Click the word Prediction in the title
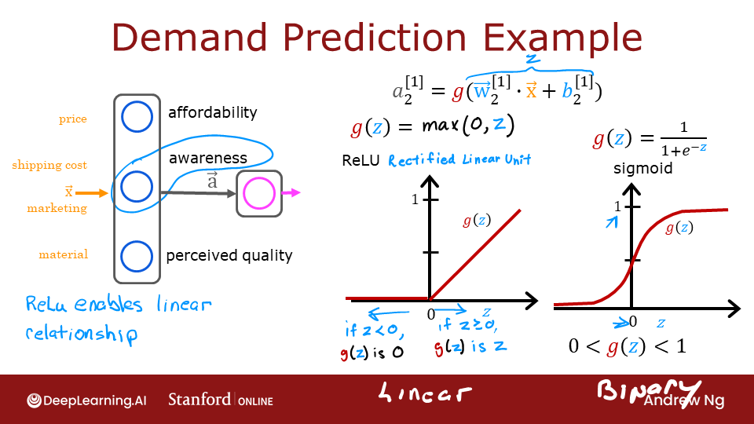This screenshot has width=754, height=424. (x=375, y=37)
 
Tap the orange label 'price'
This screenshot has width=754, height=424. (x=73, y=119)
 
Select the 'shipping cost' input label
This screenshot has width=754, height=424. (x=49, y=165)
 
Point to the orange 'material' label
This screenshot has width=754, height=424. (x=64, y=254)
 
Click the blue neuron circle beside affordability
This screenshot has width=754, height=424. (x=137, y=117)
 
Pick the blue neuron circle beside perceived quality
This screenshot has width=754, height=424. (x=137, y=256)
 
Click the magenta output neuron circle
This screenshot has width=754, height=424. (x=259, y=193)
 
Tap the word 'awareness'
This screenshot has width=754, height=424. (x=207, y=158)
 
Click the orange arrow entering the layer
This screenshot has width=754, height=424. (x=91, y=193)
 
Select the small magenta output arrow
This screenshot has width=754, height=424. (x=291, y=193)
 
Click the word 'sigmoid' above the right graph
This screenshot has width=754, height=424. (x=643, y=169)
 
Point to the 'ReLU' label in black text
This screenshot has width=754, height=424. (x=361, y=160)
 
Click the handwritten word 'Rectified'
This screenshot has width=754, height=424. (x=422, y=159)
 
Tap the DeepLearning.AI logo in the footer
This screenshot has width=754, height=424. (x=86, y=400)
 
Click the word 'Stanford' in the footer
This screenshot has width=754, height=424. (x=199, y=399)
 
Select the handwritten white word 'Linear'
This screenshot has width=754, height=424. (x=424, y=393)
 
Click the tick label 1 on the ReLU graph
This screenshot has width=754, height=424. (x=415, y=199)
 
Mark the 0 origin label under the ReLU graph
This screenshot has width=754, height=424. (x=431, y=314)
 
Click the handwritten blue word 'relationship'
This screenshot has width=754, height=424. (x=82, y=334)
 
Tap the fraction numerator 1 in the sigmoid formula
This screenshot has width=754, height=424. (x=684, y=127)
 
